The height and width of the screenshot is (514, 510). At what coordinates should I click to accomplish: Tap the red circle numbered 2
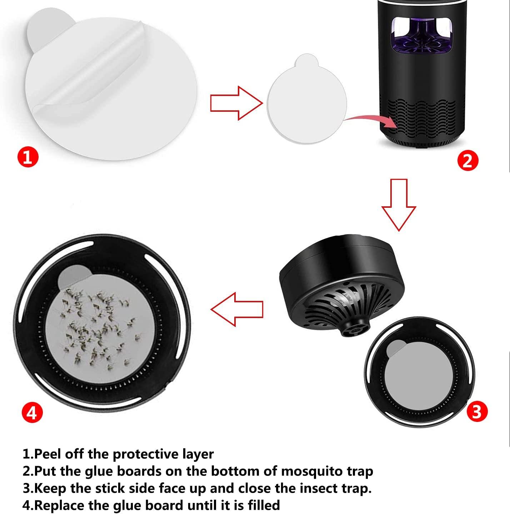[467, 160]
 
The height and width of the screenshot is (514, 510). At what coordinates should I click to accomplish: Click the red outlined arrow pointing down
[399, 205]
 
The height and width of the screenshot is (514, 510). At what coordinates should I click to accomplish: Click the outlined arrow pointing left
[236, 309]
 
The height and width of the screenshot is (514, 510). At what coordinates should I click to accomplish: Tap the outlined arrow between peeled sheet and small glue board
[236, 103]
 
